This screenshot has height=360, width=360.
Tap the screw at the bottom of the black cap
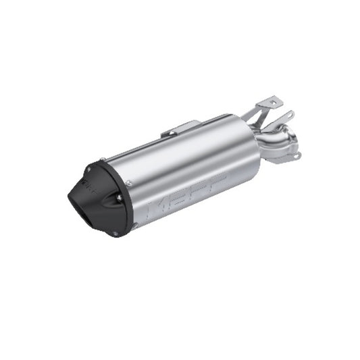point(115,234)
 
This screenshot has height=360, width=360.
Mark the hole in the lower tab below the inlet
point(297,156)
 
